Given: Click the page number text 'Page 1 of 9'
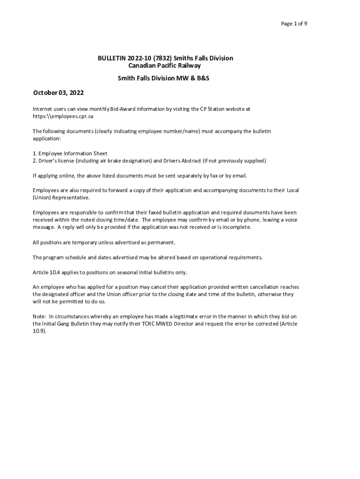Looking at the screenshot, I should coord(294,24).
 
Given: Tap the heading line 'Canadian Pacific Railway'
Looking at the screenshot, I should coord(165,66).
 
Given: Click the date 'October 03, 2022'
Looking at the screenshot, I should coord(58,93).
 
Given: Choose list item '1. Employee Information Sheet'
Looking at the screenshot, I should coord(70,153).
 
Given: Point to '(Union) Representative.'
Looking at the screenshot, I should coord(61,198).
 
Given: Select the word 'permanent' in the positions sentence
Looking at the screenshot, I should coord(160,242).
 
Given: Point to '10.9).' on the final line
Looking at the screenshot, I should coord(40,331).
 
